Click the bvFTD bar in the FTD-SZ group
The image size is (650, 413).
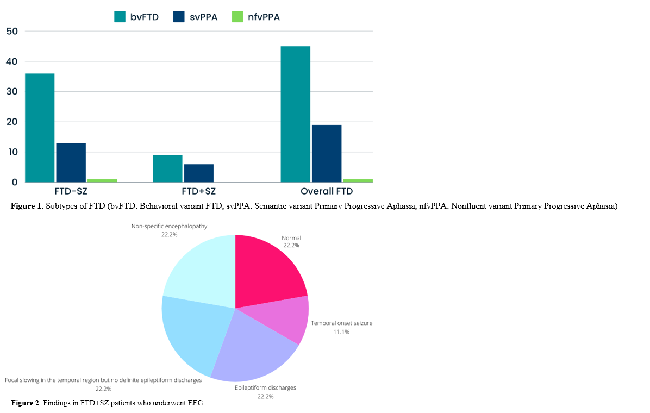[39, 128]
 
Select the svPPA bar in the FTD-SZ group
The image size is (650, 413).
[71, 162]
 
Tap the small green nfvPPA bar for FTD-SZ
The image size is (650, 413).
[102, 180]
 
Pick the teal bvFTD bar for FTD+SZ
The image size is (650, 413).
[167, 168]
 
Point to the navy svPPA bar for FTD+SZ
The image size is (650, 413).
[199, 173]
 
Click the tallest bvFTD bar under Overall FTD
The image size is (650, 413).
[296, 114]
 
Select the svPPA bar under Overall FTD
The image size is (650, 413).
[327, 153]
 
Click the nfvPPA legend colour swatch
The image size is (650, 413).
[238, 17]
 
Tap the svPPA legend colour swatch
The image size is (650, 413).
[179, 17]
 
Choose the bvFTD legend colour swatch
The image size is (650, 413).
[120, 17]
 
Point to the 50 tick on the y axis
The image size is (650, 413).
[12, 31]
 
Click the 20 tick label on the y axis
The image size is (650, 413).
[12, 122]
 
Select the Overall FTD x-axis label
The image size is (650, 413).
[327, 191]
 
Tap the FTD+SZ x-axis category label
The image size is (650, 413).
[199, 191]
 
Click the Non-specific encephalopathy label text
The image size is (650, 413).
[169, 226]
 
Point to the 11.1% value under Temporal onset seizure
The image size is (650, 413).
[341, 331]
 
